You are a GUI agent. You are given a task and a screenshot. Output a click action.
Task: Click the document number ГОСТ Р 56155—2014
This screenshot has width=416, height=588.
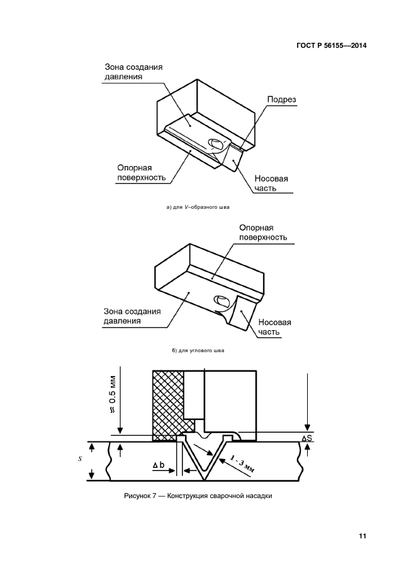tap(331, 45)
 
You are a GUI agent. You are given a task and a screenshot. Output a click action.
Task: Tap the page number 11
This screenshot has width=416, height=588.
tap(362, 536)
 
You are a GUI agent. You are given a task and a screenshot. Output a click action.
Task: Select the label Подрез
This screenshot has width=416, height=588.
tap(281, 99)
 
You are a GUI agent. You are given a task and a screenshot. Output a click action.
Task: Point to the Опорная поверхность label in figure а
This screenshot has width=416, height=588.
tap(142, 172)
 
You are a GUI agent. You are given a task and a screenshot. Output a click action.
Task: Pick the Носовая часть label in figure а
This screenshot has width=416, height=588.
tap(271, 183)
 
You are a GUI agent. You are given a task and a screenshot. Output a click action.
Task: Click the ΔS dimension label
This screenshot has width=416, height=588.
tap(307, 438)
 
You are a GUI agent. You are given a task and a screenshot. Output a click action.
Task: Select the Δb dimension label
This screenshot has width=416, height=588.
tap(159, 465)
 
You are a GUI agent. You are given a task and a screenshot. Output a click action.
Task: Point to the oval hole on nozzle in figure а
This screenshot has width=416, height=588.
tap(216, 144)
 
